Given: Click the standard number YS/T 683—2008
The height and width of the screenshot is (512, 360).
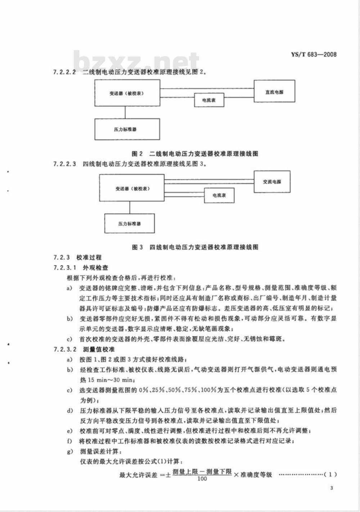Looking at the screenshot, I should pos(314,54).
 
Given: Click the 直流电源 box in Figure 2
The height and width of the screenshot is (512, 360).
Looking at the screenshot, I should pos(274,92).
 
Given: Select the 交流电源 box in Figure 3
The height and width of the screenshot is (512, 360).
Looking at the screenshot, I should pos(272,182).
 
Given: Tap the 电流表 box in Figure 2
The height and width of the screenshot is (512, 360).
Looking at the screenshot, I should pos(209,100).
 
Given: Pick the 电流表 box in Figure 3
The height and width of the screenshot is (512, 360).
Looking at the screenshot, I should pos(219,195).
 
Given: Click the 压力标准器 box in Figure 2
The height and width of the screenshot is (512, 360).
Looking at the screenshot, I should pos(127,129).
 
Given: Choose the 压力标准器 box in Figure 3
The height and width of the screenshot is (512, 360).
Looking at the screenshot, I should pos(130,223).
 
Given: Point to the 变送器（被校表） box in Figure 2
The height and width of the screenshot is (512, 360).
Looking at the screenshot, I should pos(127,93).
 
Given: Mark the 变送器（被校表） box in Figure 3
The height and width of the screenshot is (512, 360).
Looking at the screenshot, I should pos(132,188).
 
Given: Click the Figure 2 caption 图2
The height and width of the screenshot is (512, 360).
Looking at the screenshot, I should pos(137,154).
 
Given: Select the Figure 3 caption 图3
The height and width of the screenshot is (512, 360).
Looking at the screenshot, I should pos(137,247).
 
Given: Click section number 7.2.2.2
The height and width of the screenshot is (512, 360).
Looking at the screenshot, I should pos(64,72).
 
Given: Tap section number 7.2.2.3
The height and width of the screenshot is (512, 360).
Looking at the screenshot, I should pos(64,164).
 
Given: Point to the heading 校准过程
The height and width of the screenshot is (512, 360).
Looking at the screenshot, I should pos(89,257).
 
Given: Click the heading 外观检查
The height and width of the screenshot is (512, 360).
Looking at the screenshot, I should pos(95,268).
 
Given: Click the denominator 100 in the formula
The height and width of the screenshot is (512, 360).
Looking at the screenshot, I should pos(202,479).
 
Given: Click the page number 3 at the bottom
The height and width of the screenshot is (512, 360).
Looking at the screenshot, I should pos(332,488).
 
